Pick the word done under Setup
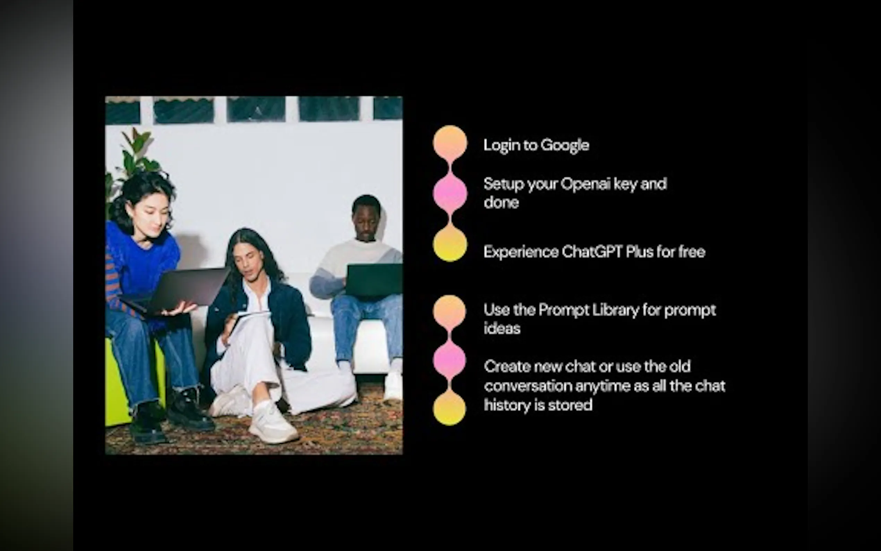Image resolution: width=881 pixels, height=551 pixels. pyautogui.click(x=501, y=203)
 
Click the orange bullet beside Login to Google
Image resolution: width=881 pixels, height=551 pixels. pyautogui.click(x=450, y=143)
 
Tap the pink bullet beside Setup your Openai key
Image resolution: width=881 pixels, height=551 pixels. pyautogui.click(x=450, y=194)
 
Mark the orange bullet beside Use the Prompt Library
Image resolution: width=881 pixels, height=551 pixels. pyautogui.click(x=449, y=312)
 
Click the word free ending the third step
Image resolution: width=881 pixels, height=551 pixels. pyautogui.click(x=692, y=252)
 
